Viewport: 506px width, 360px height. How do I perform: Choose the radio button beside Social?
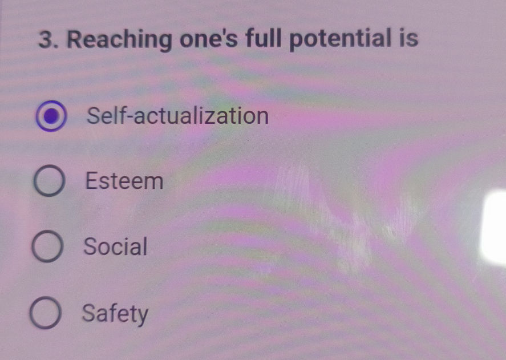tap(47, 247)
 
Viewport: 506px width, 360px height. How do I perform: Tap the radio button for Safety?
tap(45, 314)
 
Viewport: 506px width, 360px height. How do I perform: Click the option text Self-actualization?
tap(177, 116)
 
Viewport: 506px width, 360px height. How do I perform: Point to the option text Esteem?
tap(124, 181)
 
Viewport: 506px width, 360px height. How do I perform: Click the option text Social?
tap(115, 246)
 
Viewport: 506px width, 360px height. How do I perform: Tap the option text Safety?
tap(115, 313)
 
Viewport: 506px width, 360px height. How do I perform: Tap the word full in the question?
tap(266, 39)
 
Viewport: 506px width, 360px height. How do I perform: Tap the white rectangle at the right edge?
tap(493, 228)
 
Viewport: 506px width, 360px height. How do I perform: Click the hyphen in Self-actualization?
tap(129, 118)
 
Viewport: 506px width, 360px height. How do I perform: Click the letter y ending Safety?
tap(142, 315)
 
